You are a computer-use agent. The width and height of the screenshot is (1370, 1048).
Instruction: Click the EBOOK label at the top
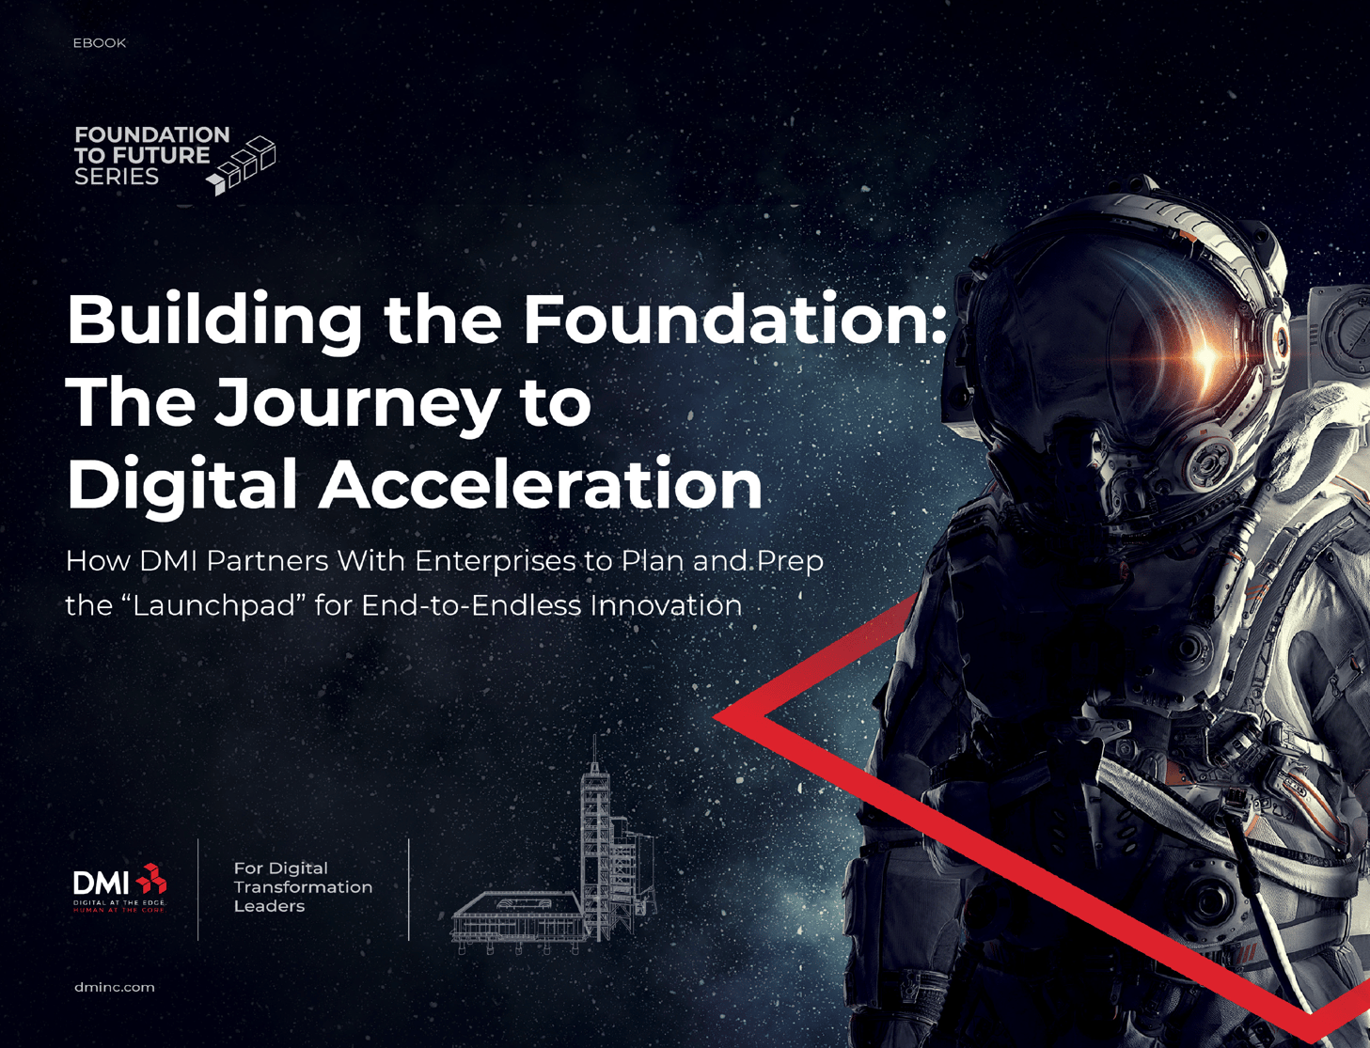[99, 43]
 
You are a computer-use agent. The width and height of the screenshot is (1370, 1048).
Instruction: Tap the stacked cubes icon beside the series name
[243, 165]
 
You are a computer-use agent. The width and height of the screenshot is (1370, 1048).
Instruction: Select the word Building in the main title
[214, 321]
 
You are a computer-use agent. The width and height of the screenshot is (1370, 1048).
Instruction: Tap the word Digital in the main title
[181, 485]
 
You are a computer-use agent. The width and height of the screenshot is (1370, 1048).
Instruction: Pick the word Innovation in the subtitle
[666, 605]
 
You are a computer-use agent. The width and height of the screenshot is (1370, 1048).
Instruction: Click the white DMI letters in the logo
[101, 884]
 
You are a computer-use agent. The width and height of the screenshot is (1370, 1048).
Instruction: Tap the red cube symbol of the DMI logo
[151, 880]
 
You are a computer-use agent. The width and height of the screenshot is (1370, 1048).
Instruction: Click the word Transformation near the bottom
[303, 887]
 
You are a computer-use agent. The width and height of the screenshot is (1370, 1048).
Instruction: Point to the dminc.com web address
[114, 988]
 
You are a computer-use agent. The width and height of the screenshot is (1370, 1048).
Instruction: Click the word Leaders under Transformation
[269, 907]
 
